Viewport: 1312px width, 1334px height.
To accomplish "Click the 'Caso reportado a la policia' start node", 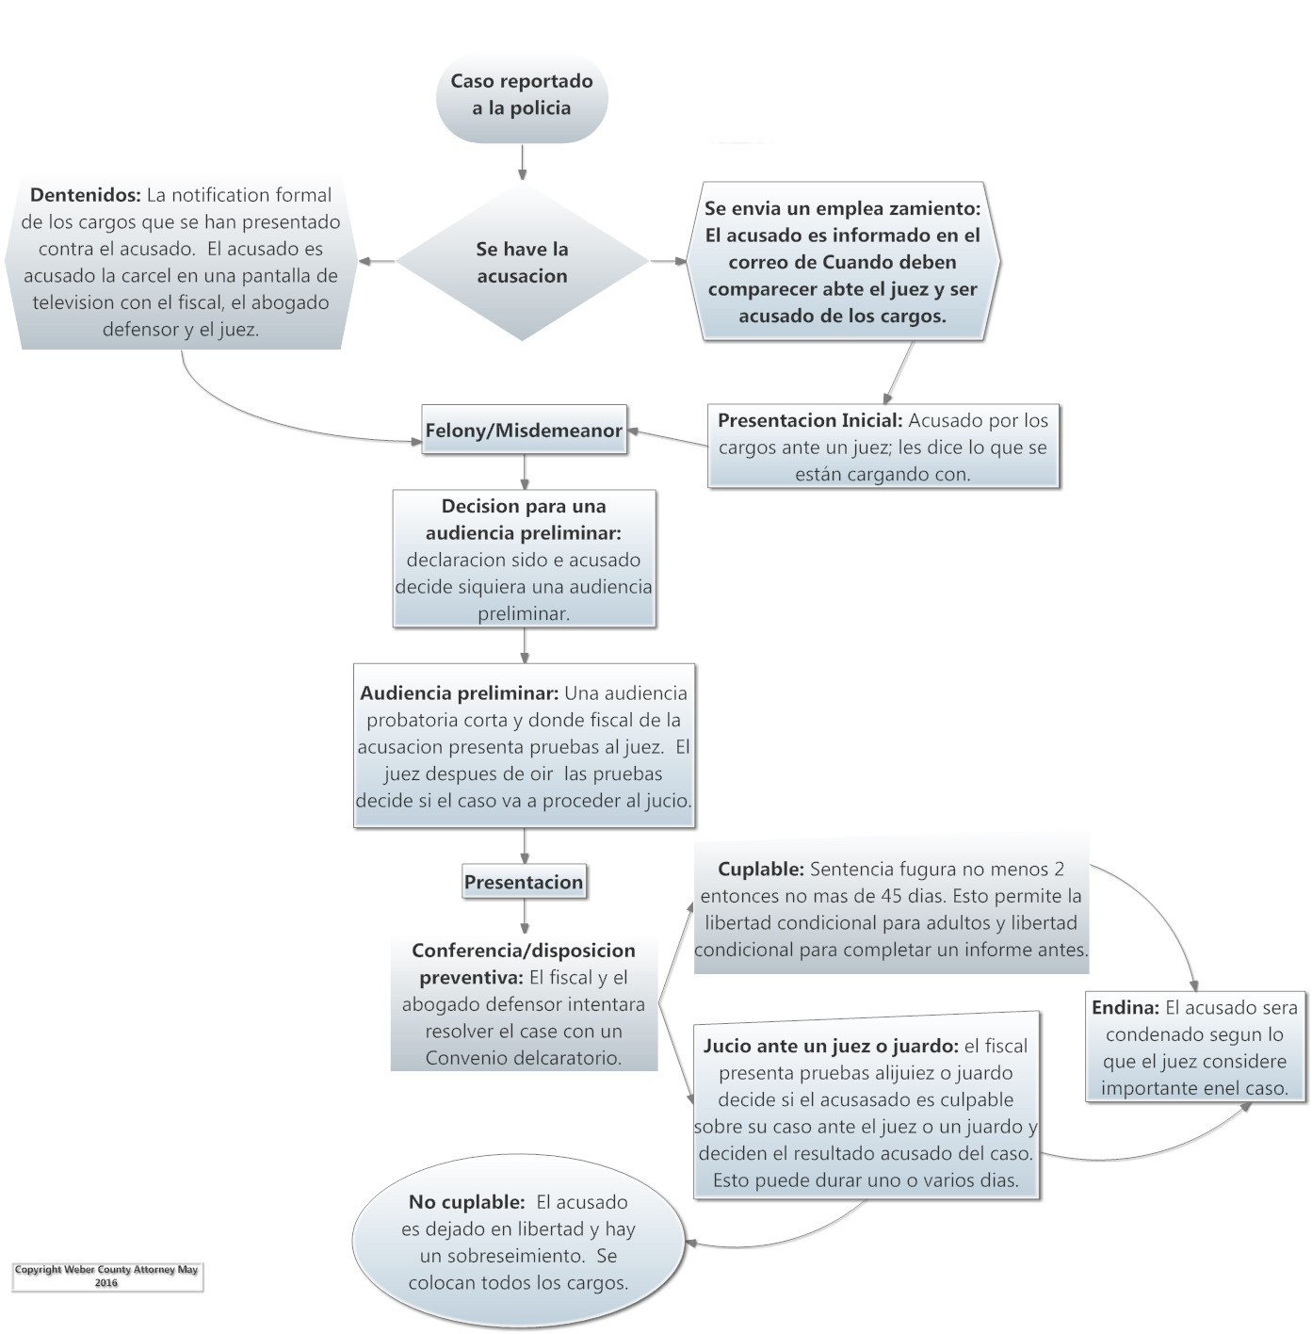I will [521, 94].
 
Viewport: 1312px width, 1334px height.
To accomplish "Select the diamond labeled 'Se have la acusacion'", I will [521, 262].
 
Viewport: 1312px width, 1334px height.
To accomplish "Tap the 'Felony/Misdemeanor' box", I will [523, 431].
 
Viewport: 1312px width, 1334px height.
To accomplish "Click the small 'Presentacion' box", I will [523, 882].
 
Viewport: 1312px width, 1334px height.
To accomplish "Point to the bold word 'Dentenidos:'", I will [86, 195].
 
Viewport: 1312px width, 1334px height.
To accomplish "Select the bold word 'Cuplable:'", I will [760, 869].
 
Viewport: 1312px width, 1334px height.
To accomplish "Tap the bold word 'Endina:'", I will [1125, 1007].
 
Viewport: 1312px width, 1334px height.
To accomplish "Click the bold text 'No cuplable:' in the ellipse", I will [466, 1202].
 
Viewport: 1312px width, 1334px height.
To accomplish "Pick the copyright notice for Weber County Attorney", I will [106, 1276].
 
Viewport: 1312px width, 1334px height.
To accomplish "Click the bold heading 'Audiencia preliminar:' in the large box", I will [459, 693].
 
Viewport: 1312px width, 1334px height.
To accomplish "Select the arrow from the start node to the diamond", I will [521, 162].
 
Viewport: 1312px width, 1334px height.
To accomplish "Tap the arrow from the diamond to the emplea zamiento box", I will [670, 261].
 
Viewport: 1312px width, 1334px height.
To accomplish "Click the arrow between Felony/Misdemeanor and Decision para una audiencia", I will [524, 471].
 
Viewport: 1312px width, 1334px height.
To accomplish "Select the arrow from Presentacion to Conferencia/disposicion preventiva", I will [524, 916].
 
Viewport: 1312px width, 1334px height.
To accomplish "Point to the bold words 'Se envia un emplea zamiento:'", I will [842, 208].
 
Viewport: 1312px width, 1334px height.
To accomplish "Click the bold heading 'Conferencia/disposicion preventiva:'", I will [523, 964].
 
